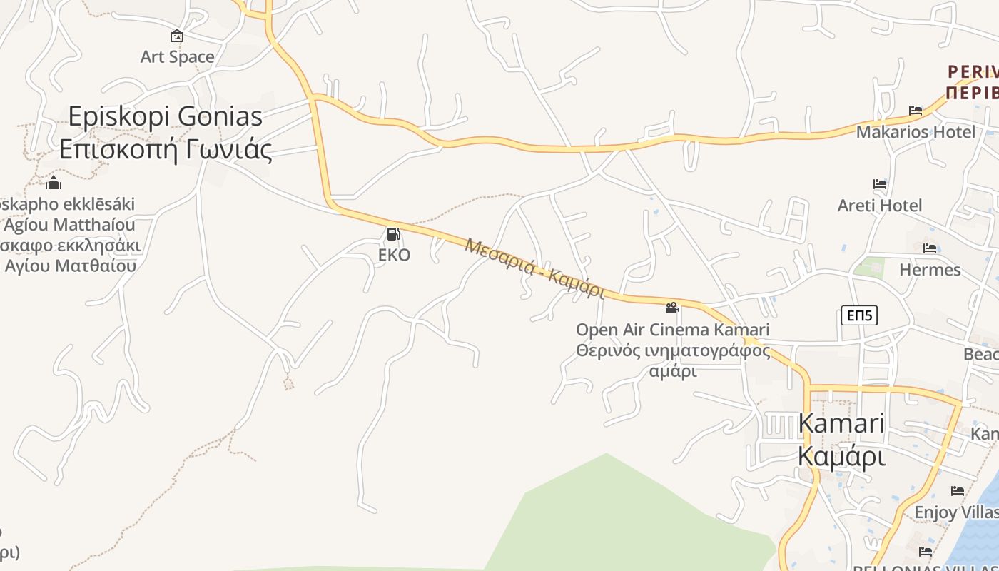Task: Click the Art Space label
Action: [x=177, y=57]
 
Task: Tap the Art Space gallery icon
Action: [x=177, y=36]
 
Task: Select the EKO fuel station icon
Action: [x=393, y=234]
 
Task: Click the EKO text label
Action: [x=394, y=255]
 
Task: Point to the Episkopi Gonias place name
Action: [x=166, y=116]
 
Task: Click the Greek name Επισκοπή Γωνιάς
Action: [x=166, y=149]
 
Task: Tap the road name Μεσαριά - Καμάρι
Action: [x=534, y=268]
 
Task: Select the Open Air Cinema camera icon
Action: [x=672, y=308]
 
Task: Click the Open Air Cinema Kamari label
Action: [x=672, y=330]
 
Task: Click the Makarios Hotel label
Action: [x=916, y=132]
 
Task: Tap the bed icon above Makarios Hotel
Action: [x=916, y=111]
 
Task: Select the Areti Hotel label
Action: [x=880, y=206]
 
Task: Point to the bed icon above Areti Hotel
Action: [x=880, y=184]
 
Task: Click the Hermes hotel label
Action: [x=930, y=270]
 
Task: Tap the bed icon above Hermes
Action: [x=930, y=248]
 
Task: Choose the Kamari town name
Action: [x=841, y=423]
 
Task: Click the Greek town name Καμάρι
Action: [x=841, y=455]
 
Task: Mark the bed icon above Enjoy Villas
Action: [x=958, y=491]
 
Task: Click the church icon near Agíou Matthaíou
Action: [x=54, y=183]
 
